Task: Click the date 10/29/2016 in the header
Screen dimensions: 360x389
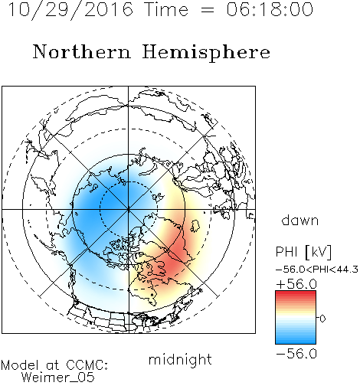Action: point(70,10)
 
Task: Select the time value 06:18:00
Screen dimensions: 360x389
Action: point(270,9)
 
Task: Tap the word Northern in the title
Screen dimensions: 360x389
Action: point(82,51)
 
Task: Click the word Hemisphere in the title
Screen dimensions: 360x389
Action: point(206,53)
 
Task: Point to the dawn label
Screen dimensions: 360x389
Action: point(300,220)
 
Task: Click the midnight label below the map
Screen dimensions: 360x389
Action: point(180,360)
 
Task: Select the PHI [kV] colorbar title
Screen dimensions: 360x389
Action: point(304,252)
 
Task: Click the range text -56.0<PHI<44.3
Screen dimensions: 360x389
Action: point(317,270)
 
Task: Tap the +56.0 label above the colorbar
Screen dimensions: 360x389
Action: point(296,284)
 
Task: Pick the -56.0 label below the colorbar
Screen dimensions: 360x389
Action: point(296,354)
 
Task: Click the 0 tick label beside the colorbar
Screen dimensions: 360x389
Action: point(322,319)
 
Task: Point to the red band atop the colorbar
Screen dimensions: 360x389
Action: point(296,295)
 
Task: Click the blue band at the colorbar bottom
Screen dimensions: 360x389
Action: point(296,340)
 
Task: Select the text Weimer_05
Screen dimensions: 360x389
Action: point(58,378)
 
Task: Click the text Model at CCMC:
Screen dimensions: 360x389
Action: point(54,365)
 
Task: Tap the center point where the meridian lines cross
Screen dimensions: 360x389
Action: point(129,209)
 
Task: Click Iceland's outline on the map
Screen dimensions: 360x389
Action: point(195,226)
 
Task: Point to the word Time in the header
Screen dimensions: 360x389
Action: point(166,9)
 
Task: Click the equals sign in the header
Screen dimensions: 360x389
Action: point(208,10)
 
